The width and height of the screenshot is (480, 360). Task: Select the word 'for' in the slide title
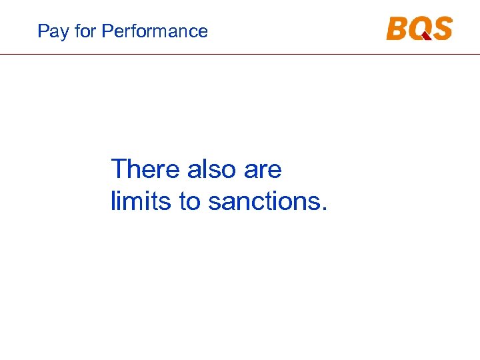click(x=83, y=31)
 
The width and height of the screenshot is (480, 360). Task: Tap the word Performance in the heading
click(x=155, y=31)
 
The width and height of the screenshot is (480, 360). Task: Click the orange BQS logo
click(x=419, y=29)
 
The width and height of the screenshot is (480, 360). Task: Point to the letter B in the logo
click(x=397, y=29)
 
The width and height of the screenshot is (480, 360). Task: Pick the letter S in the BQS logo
click(x=442, y=29)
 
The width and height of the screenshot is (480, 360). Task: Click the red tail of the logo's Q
click(x=425, y=36)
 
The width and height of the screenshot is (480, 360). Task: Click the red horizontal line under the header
click(x=240, y=54)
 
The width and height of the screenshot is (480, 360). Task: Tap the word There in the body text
click(x=145, y=169)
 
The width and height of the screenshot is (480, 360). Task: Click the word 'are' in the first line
click(x=263, y=169)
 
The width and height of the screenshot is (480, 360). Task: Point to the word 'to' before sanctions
click(x=189, y=201)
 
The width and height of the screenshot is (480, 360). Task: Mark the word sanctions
click(x=263, y=201)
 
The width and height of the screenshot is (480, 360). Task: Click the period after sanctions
click(x=324, y=209)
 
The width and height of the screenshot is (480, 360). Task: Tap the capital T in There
click(x=119, y=169)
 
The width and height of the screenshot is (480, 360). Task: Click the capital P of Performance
click(x=107, y=31)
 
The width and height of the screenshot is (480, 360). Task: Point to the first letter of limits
click(x=113, y=201)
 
